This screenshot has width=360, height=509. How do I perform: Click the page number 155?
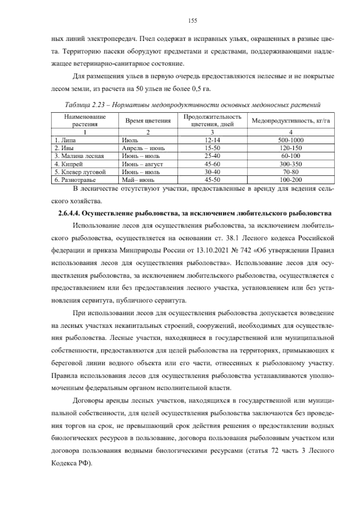click(x=192, y=21)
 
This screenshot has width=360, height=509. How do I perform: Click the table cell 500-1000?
click(x=290, y=140)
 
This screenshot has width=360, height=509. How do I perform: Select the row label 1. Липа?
click(x=65, y=140)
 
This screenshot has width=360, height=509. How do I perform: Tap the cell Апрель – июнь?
click(x=143, y=148)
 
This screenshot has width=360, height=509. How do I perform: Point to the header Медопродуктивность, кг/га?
click(x=290, y=121)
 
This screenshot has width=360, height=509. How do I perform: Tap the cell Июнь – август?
click(x=142, y=164)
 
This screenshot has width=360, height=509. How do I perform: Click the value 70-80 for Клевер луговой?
click(x=290, y=172)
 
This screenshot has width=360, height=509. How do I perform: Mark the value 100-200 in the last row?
click(x=290, y=180)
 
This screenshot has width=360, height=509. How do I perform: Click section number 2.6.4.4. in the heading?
click(x=68, y=214)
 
